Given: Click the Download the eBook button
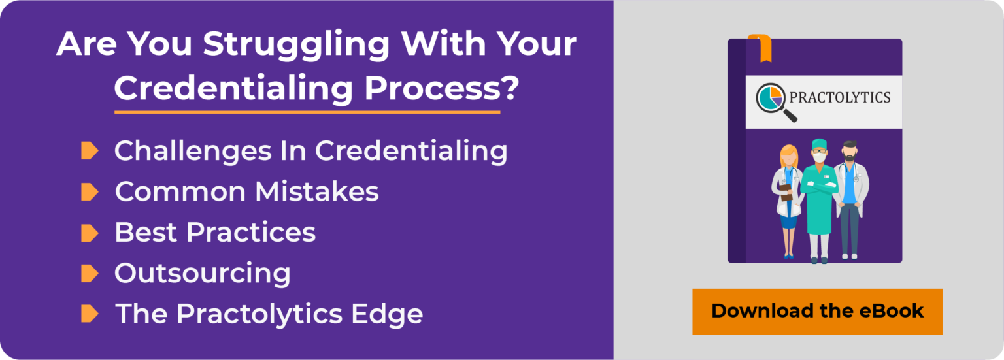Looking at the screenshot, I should (817, 311).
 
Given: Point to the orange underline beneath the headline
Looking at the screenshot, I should (307, 112).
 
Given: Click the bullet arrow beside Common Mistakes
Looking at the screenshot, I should (90, 192).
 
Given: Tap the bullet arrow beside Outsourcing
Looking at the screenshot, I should (90, 273).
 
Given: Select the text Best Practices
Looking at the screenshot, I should (215, 233).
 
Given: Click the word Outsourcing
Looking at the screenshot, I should (203, 273).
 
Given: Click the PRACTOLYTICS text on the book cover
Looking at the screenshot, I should (840, 98).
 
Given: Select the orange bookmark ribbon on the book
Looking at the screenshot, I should (760, 48).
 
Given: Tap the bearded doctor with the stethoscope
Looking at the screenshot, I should (850, 196).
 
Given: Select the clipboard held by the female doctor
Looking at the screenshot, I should (786, 191).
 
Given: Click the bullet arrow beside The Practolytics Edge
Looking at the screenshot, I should (90, 314).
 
